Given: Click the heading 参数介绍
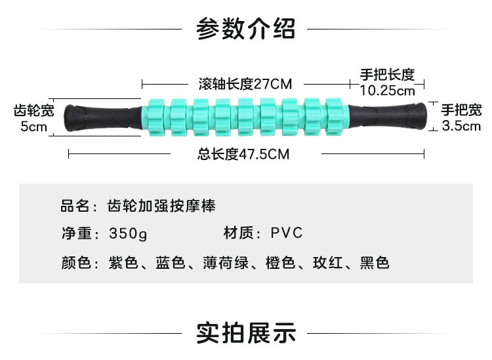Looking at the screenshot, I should click(x=246, y=29).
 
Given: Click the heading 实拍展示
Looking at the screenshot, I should click(x=246, y=333).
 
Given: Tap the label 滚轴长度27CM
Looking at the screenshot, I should click(x=245, y=84).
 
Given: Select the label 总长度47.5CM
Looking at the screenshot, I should click(x=243, y=155).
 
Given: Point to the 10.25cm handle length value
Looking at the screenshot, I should click(x=387, y=90).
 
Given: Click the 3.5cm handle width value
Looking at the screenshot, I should click(x=461, y=126).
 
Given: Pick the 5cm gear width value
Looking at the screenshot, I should click(x=35, y=126).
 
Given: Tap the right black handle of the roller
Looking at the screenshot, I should click(x=387, y=117).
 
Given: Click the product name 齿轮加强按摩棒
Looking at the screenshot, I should click(x=161, y=206).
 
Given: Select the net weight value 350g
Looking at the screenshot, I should click(x=129, y=233).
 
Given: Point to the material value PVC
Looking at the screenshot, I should click(x=286, y=233).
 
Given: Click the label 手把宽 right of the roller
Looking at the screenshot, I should click(x=461, y=110).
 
